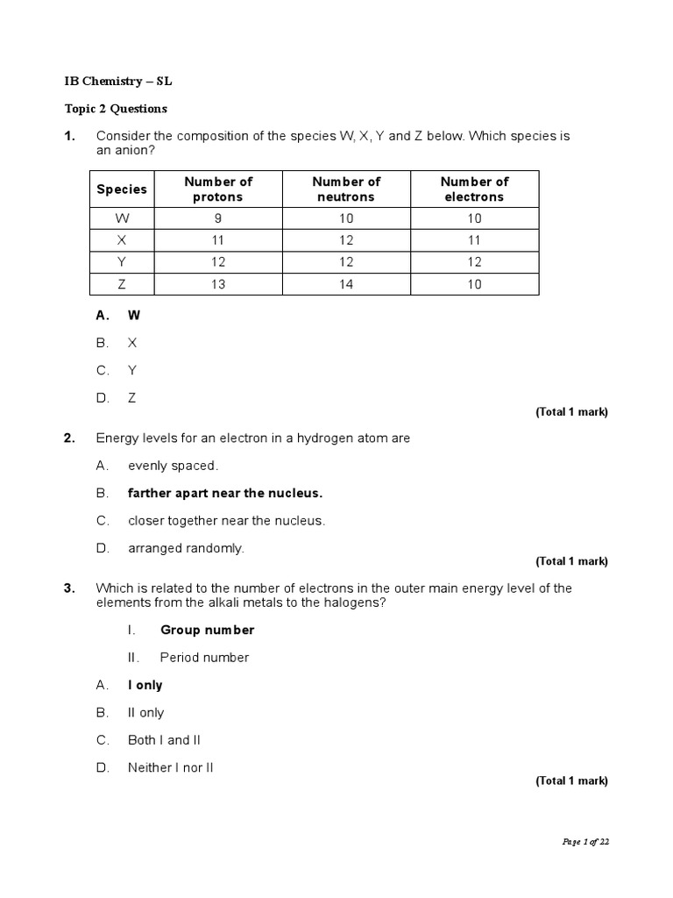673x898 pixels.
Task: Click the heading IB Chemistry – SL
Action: [112, 81]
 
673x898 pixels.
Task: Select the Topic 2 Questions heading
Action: [116, 109]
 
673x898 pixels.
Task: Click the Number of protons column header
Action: [217, 189]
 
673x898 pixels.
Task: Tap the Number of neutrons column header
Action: [346, 189]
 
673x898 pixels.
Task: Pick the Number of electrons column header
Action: [474, 189]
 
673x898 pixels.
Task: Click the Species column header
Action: [122, 189]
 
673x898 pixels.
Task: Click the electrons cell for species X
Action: [474, 239]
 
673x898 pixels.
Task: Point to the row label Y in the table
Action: [122, 262]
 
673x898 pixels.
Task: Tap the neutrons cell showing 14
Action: [346, 285]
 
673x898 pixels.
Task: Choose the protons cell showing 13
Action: [217, 285]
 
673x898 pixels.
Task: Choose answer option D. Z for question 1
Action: [131, 397]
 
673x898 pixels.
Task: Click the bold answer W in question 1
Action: [134, 314]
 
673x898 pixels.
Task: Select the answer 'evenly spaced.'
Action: [173, 466]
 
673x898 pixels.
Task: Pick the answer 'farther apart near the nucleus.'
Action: [225, 493]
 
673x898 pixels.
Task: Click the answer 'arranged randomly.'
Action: [186, 548]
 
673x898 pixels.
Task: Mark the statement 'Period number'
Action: [204, 657]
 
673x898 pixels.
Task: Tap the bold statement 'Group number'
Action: [207, 630]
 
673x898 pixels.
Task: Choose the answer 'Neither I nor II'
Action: [171, 767]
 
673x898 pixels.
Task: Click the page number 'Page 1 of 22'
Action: [584, 842]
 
